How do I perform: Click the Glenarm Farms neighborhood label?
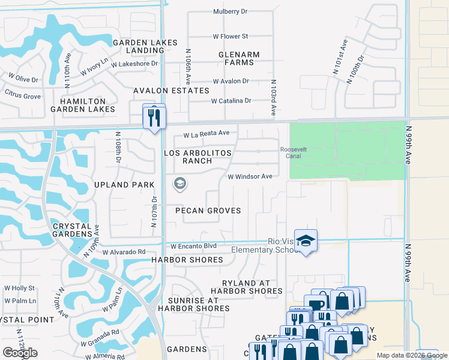239,59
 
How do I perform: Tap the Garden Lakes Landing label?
145,47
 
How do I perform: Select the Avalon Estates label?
171,91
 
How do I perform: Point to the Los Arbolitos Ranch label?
197,157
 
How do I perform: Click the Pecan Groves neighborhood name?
208,211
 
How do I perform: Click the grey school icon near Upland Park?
179,184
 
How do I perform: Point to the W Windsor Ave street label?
250,176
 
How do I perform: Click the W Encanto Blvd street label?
193,246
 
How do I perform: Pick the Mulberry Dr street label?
230,11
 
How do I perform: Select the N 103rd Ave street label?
273,98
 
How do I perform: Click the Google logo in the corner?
20,353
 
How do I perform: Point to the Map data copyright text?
412,355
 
